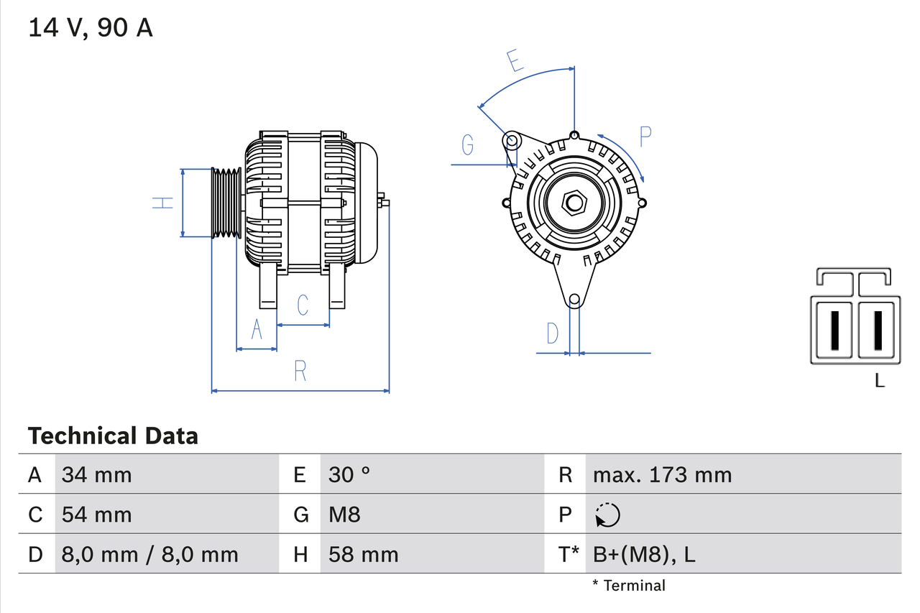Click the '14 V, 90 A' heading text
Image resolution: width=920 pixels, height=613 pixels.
point(91,28)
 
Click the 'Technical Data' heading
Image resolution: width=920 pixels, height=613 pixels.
point(113,435)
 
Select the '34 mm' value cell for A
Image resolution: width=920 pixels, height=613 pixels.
point(97,474)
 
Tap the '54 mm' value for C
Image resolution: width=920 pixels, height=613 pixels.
point(97,515)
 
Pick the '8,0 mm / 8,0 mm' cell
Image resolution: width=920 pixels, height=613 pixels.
point(149,554)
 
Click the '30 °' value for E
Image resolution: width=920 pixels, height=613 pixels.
point(349,474)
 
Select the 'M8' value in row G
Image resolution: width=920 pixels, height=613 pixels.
point(344,515)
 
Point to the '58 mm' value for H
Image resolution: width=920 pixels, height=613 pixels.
point(363,554)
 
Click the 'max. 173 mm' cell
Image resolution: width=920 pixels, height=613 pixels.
point(662,474)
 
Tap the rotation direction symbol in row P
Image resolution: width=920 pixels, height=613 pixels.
point(607,515)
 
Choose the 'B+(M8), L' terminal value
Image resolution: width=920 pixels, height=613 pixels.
point(643,554)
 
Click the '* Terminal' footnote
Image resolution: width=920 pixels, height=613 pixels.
point(629,586)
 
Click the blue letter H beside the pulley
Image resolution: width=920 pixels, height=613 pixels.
point(165,203)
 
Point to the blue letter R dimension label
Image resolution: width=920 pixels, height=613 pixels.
point(300,372)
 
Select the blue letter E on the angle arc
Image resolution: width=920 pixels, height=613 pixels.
point(514,61)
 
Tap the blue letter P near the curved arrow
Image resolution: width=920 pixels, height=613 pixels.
point(645,136)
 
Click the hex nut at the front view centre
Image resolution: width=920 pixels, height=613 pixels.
point(574,203)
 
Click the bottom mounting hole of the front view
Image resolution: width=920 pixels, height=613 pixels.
point(574,300)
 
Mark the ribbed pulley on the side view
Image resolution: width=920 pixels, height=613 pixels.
point(226,203)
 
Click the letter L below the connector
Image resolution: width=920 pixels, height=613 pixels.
point(879,381)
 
